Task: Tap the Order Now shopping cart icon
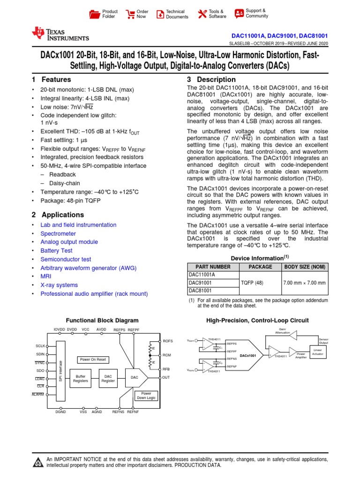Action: [129, 14]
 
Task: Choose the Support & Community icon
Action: [239, 13]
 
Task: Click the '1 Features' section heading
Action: [52, 80]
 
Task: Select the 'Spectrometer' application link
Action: [58, 233]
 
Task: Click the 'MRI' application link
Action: [46, 277]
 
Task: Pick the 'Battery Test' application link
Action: [56, 251]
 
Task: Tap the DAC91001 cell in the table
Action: [200, 283]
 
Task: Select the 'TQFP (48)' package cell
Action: [260, 283]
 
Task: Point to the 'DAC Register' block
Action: [108, 379]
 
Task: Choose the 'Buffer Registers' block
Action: [81, 379]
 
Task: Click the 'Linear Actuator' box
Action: [318, 352]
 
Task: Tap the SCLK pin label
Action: [40, 345]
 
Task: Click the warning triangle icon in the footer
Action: [37, 463]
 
